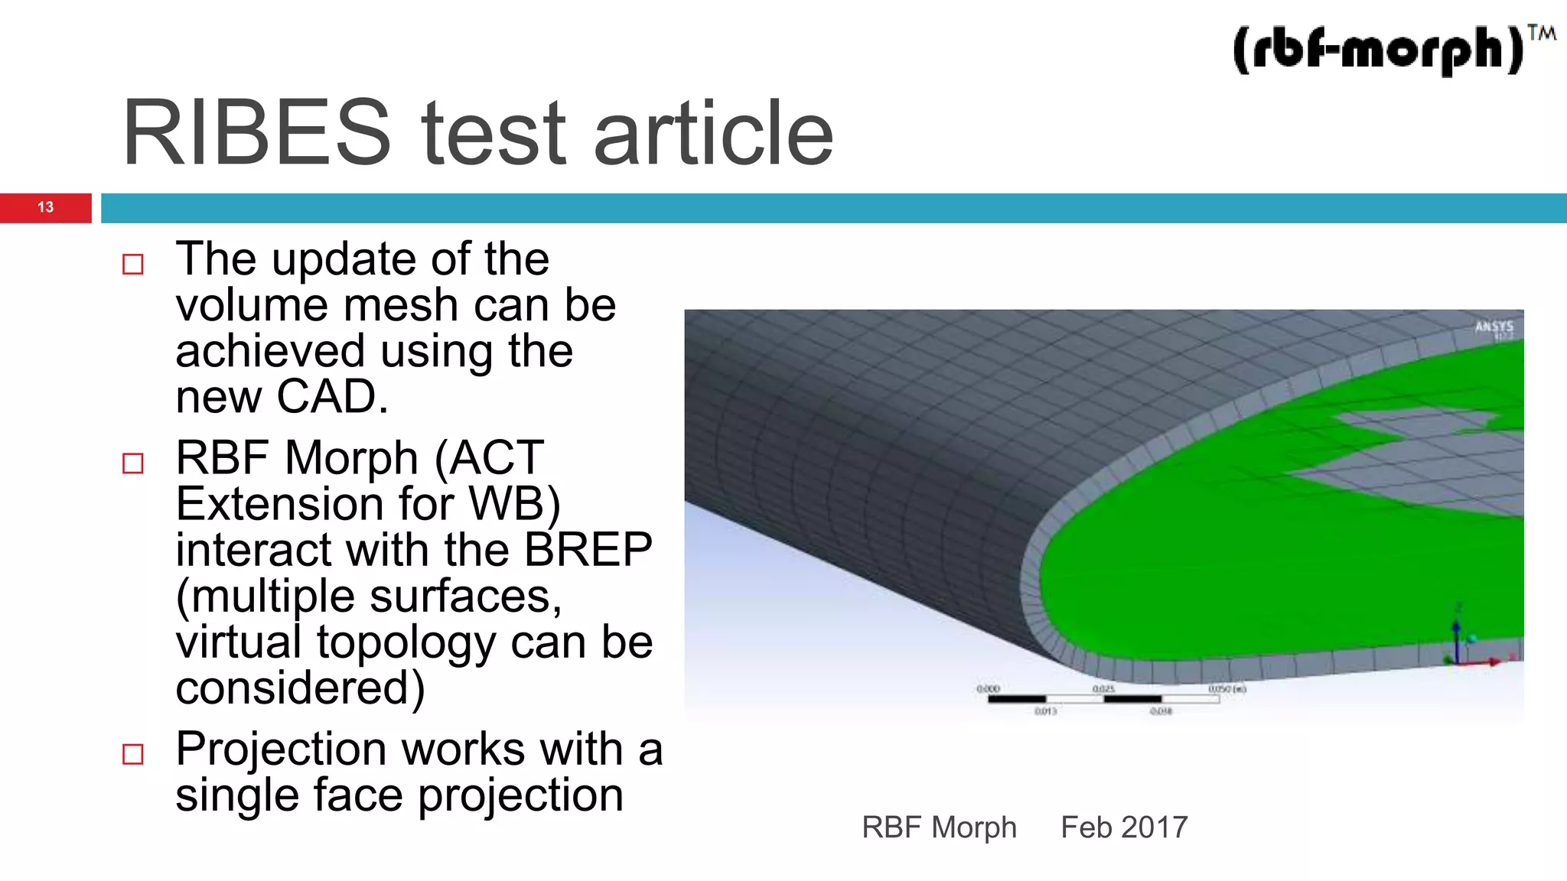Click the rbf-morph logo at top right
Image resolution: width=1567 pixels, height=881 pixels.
pyautogui.click(x=1377, y=50)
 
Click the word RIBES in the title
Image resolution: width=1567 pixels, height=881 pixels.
pyautogui.click(x=256, y=133)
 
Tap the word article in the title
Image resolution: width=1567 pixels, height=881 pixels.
pyautogui.click(x=713, y=133)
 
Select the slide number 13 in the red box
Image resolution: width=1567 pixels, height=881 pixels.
pyautogui.click(x=45, y=207)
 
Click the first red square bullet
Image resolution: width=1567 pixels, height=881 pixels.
pyautogui.click(x=133, y=265)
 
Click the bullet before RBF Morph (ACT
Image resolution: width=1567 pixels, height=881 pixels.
pyautogui.click(x=133, y=463)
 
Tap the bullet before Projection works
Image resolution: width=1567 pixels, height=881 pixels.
pyautogui.click(x=133, y=754)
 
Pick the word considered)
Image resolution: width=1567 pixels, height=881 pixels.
pyautogui.click(x=300, y=688)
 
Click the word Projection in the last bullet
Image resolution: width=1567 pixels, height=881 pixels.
pyautogui.click(x=280, y=749)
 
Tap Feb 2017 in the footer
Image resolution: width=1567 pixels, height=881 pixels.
pyautogui.click(x=1123, y=827)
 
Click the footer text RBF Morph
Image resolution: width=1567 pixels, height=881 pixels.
pyautogui.click(x=939, y=827)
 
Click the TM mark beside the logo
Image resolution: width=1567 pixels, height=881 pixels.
pyautogui.click(x=1541, y=34)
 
